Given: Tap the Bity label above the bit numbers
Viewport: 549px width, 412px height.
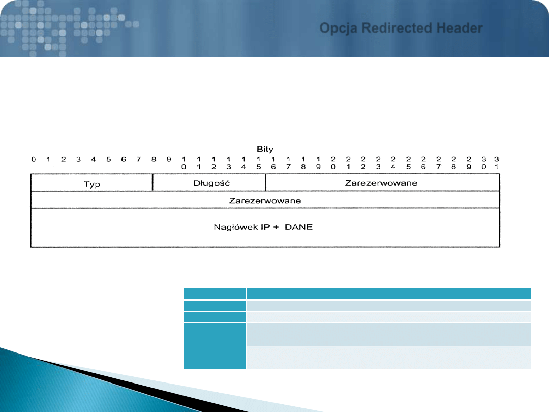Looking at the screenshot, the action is click(265, 149).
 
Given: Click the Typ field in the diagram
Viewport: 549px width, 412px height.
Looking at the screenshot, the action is click(92, 184).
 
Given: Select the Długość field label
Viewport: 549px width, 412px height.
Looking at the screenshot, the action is click(211, 183).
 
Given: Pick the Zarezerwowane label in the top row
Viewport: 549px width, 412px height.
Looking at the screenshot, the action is click(381, 183).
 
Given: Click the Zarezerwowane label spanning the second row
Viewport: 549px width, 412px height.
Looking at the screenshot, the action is click(265, 201).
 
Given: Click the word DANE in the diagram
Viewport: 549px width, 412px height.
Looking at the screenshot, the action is click(299, 227).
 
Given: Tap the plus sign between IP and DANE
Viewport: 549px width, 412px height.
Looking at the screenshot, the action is click(276, 227).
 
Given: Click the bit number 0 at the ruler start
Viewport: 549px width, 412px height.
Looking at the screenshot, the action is click(33, 159).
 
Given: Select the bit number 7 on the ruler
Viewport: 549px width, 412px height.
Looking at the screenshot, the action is click(139, 159).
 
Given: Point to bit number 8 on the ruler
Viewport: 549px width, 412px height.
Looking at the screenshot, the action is click(154, 159).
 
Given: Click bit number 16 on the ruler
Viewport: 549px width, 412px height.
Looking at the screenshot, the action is click(273, 163).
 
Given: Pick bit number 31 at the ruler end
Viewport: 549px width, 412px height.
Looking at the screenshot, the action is click(497, 163).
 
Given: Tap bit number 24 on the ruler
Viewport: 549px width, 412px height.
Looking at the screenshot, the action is click(393, 163).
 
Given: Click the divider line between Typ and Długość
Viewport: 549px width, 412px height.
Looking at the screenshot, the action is click(152, 183).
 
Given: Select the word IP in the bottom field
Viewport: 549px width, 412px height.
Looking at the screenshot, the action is click(265, 227).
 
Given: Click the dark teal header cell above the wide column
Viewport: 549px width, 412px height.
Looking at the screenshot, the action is click(389, 293).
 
